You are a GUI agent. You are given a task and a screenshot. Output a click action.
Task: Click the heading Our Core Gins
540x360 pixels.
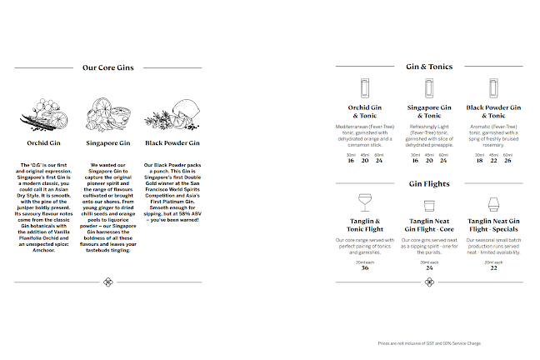click(108, 68)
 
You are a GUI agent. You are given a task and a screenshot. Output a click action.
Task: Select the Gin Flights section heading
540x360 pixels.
click(428, 183)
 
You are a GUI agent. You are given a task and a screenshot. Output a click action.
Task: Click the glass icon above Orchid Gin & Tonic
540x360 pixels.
click(363, 88)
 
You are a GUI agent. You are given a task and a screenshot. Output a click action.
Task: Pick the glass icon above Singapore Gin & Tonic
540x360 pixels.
click(428, 88)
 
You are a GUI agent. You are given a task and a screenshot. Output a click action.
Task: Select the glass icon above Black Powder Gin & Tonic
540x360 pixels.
click(493, 88)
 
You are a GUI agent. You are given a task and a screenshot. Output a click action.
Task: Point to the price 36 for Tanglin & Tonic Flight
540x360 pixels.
click(364, 267)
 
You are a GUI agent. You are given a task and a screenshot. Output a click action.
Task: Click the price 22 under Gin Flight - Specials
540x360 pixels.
click(493, 267)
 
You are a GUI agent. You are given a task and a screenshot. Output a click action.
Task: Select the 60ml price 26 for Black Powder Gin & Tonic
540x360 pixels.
click(508, 160)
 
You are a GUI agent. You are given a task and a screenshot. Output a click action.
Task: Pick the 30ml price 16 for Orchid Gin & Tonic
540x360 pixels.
click(350, 160)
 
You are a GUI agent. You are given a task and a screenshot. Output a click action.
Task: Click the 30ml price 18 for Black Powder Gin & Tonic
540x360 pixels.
click(479, 160)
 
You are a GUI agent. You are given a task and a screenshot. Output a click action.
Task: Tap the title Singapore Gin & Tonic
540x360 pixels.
click(428, 112)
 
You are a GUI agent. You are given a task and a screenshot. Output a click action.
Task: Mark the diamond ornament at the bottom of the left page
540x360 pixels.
click(108, 282)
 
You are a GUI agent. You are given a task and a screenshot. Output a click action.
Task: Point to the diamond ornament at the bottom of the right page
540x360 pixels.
click(428, 282)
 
